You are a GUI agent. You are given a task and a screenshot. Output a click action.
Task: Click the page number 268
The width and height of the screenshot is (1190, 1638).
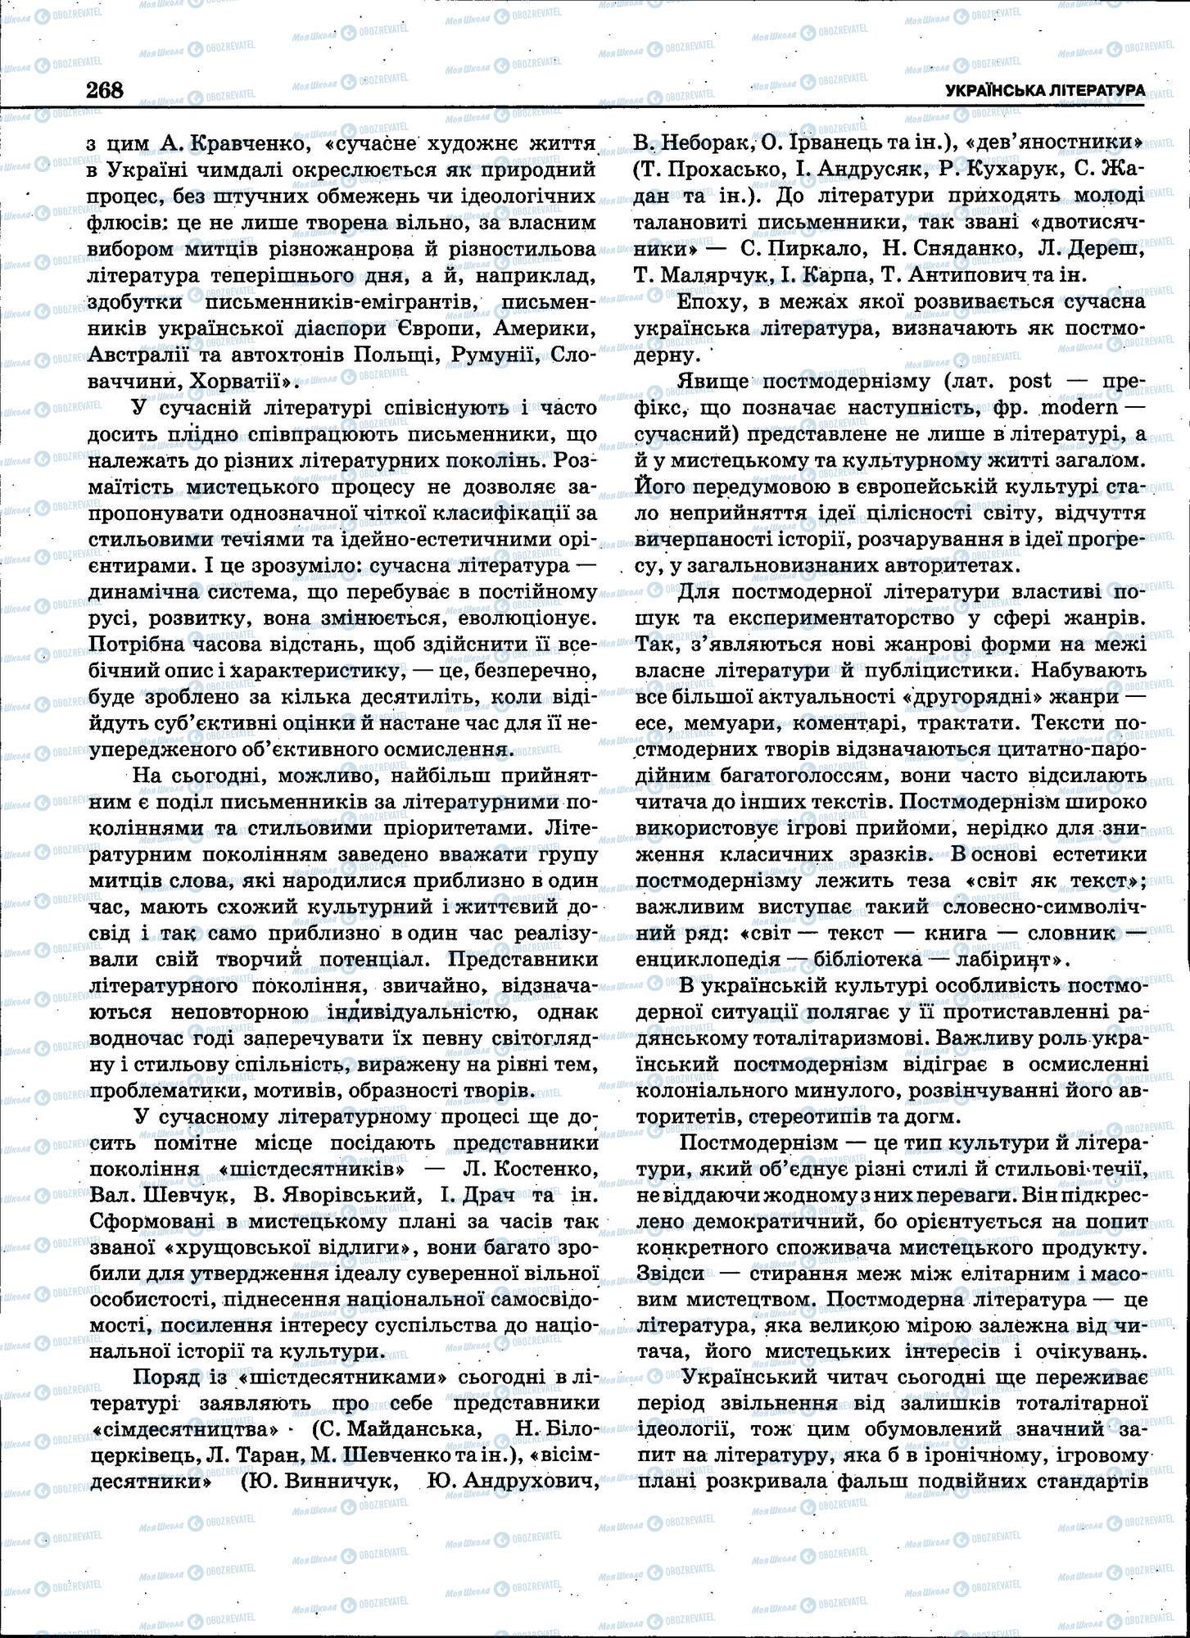[105, 89]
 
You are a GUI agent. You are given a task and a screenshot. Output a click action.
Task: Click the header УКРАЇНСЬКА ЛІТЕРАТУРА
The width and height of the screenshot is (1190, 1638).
[1044, 91]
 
